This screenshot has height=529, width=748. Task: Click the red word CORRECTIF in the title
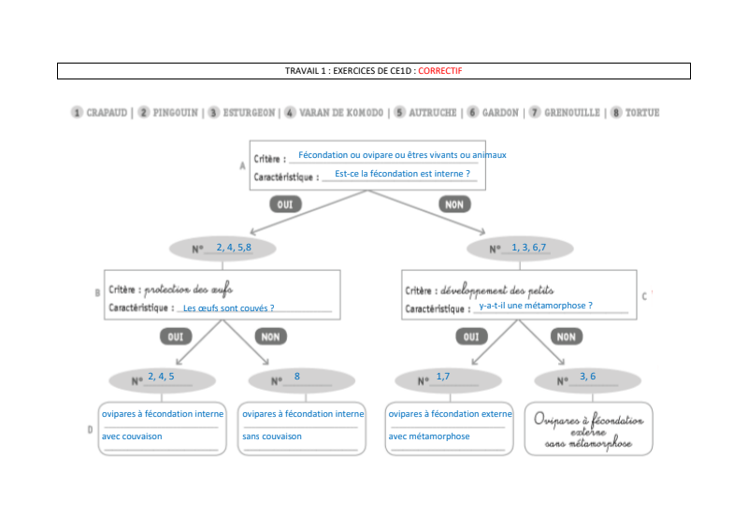[x=440, y=71]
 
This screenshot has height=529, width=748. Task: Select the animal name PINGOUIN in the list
[x=175, y=113]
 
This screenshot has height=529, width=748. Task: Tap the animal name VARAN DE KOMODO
[x=340, y=113]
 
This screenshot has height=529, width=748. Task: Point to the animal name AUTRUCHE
[x=433, y=113]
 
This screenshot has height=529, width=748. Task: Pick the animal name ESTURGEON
[x=248, y=113]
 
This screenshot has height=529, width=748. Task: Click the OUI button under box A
[x=285, y=204]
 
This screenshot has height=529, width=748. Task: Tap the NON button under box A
[x=453, y=204]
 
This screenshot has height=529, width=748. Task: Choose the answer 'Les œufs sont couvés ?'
[x=229, y=307]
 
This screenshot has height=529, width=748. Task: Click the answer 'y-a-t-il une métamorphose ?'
[x=536, y=305]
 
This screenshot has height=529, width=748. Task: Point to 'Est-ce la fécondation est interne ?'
[x=402, y=174]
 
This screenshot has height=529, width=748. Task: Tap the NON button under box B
[x=270, y=336]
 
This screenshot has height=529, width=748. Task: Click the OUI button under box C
[x=471, y=336]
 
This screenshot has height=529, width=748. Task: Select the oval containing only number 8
[x=301, y=379]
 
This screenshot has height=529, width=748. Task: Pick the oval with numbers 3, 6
[x=587, y=379]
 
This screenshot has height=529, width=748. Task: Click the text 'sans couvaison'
[x=272, y=436]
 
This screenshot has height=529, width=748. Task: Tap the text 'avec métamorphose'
[x=429, y=436]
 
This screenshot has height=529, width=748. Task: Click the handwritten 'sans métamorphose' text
[x=588, y=445]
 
